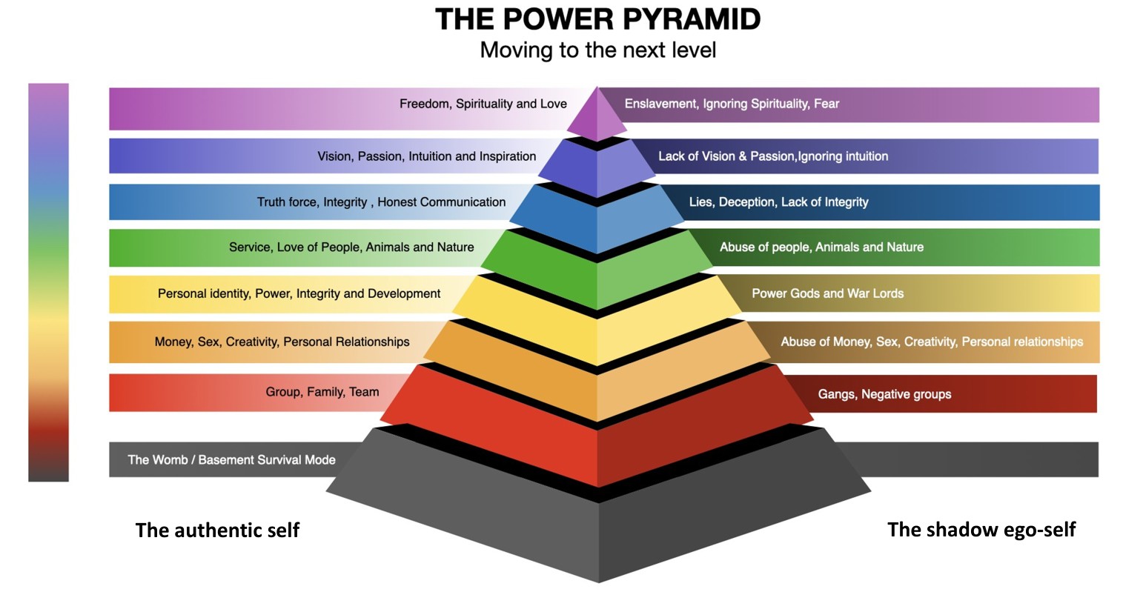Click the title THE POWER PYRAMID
[597, 19]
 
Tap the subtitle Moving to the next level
[597, 50]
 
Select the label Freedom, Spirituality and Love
[483, 104]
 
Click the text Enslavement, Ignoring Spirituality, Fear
[732, 104]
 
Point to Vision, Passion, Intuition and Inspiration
[426, 156]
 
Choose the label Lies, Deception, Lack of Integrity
[778, 202]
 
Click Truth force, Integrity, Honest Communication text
[381, 202]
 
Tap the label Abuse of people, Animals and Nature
[821, 247]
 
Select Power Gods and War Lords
[827, 293]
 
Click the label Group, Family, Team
[322, 392]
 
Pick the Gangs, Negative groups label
[884, 394]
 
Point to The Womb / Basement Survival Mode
[231, 459]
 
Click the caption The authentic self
[217, 530]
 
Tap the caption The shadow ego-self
[981, 530]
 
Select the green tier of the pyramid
[597, 270]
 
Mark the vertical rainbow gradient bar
[48, 282]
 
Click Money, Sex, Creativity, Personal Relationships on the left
[282, 342]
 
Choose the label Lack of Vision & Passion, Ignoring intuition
[773, 156]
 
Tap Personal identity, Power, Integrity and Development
[299, 293]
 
